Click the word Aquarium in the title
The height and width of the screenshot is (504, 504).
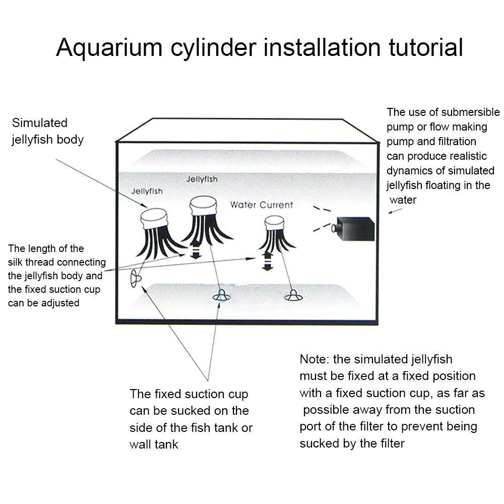[109, 47]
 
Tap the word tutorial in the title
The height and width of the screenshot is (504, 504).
[426, 47]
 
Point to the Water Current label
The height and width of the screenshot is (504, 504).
[261, 205]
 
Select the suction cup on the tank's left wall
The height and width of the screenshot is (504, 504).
[135, 279]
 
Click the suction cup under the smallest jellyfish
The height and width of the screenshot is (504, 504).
[293, 296]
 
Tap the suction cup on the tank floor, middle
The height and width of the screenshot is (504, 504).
[221, 296]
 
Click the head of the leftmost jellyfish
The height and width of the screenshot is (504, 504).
[154, 219]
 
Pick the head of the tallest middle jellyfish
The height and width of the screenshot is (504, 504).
[203, 206]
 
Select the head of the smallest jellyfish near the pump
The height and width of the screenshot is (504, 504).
[274, 223]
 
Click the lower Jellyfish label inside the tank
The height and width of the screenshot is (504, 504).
[147, 191]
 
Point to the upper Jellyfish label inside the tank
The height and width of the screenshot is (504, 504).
[202, 179]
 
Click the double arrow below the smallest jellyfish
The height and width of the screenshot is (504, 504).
[268, 261]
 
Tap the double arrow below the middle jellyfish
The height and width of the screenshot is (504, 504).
[196, 250]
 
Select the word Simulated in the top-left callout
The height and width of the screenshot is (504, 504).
[39, 123]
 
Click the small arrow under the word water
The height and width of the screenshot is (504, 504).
[395, 211]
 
